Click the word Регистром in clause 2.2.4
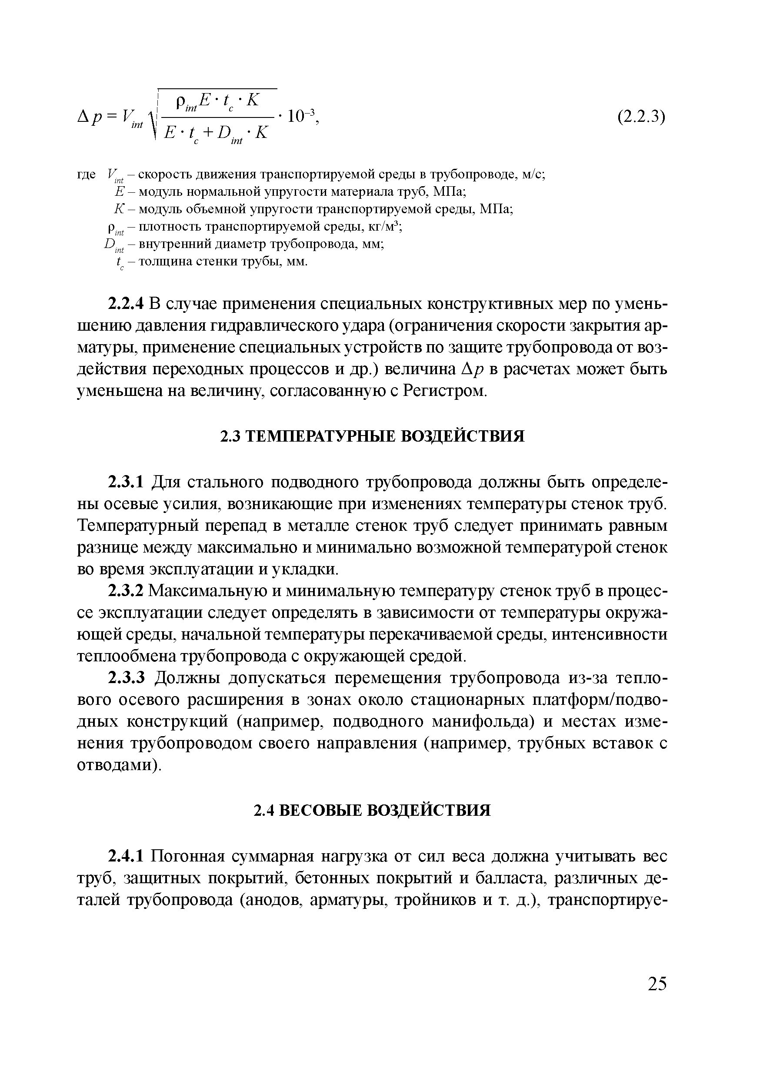click(443, 391)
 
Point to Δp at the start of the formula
click(89, 116)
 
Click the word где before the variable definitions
click(86, 175)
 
